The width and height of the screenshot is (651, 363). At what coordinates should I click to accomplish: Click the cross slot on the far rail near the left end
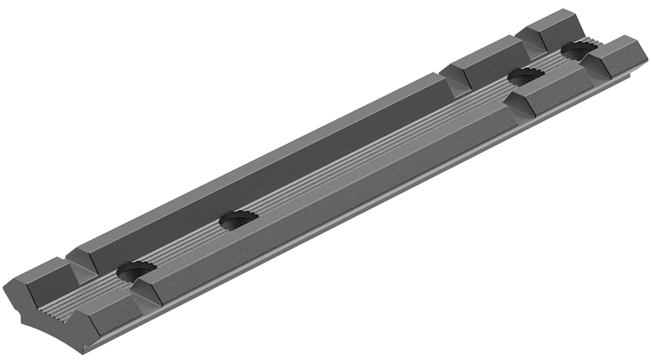pyautogui.click(x=83, y=271)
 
